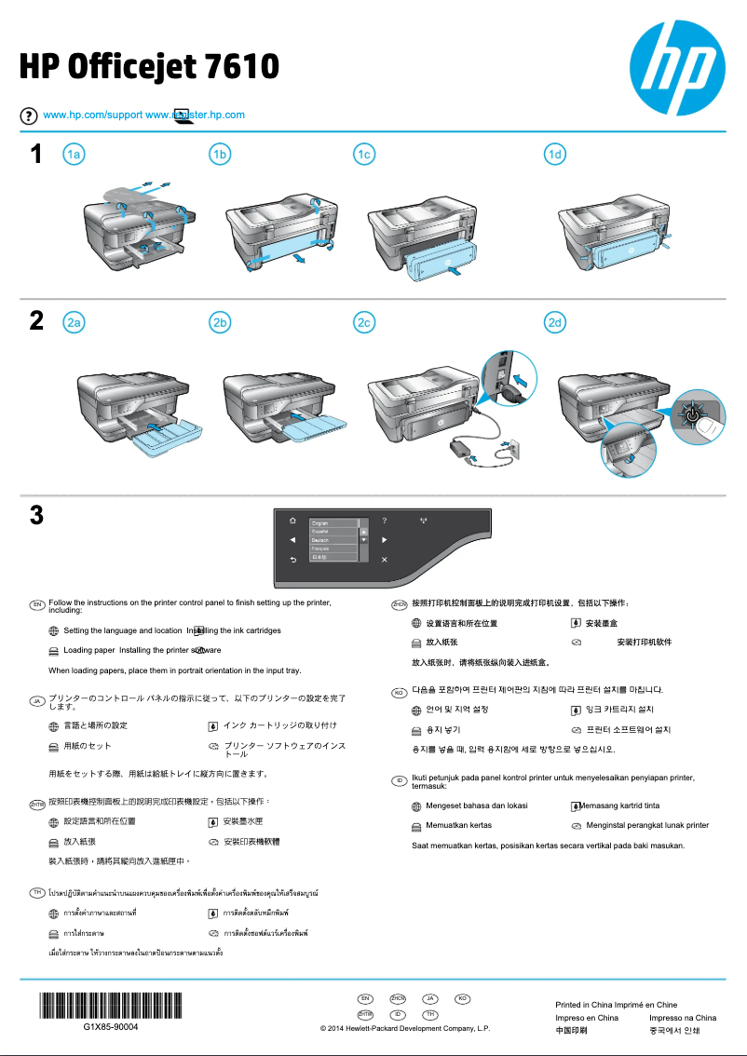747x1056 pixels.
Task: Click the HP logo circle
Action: (677, 62)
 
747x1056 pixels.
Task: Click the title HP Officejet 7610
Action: (149, 67)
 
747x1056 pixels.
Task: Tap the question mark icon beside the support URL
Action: (30, 115)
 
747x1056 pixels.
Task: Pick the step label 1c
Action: (364, 156)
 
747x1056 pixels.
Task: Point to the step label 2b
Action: (220, 323)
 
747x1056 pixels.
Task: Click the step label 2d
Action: (555, 323)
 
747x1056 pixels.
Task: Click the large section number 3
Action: (36, 515)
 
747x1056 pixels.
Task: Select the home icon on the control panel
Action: (292, 521)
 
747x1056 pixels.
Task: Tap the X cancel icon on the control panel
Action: (384, 560)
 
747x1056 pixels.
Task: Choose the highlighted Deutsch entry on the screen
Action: (333, 540)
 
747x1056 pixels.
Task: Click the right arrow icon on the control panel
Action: (384, 540)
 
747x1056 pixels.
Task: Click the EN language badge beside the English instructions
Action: (36, 604)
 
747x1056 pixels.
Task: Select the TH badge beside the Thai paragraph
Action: (36, 893)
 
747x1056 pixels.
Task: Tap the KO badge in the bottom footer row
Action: (460, 998)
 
